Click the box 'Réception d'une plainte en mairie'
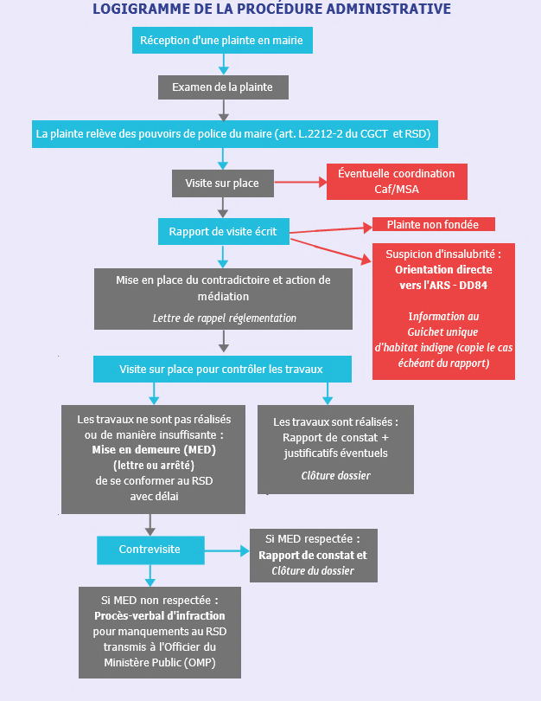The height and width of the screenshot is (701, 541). (x=222, y=40)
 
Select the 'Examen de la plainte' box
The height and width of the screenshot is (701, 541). (x=223, y=87)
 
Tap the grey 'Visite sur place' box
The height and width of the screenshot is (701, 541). (x=223, y=183)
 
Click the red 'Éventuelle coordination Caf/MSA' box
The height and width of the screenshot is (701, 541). (x=397, y=182)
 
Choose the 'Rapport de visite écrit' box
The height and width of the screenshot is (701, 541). (x=224, y=232)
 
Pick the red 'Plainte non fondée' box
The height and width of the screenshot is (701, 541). (x=434, y=224)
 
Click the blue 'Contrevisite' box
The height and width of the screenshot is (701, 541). (x=150, y=550)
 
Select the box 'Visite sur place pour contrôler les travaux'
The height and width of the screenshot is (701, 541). (x=222, y=370)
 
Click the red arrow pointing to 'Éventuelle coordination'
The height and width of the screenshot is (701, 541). (x=301, y=182)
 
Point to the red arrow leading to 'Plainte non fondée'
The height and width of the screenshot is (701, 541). (x=331, y=230)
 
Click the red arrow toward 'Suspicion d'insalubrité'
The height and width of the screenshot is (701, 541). (x=331, y=250)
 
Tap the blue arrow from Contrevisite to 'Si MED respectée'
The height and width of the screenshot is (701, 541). (x=227, y=550)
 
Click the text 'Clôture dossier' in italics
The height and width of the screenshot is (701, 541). (x=335, y=476)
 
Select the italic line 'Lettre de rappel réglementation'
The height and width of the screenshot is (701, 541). (x=225, y=318)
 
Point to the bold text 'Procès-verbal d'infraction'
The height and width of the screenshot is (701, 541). (x=160, y=616)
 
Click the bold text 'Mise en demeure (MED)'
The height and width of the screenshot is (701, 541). (x=154, y=450)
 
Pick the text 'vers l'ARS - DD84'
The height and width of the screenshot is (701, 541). (x=443, y=286)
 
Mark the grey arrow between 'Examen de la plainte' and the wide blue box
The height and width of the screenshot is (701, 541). (x=224, y=110)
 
